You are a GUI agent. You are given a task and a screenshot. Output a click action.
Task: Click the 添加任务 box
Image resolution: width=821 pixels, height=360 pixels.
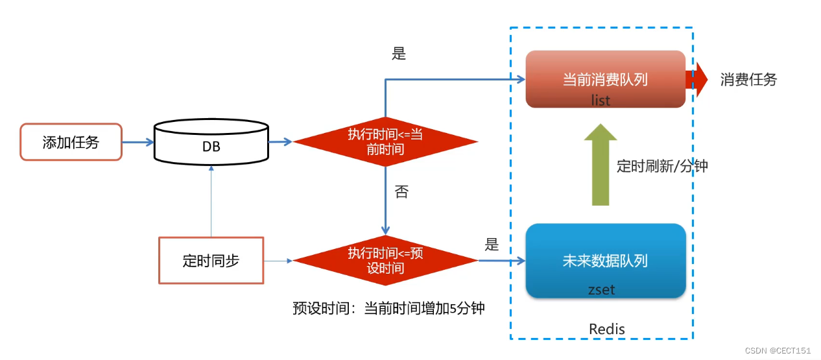(71, 142)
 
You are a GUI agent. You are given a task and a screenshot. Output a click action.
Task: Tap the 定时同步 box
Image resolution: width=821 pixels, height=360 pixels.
(211, 260)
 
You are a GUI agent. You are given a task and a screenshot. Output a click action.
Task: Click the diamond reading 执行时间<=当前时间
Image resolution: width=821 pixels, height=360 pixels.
(385, 141)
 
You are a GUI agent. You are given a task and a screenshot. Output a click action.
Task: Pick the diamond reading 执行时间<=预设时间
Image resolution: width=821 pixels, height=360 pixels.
(385, 260)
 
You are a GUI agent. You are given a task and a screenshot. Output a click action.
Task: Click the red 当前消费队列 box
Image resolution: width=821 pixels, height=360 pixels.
(605, 79)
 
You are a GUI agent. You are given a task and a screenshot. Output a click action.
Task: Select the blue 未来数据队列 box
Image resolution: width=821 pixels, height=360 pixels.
(605, 261)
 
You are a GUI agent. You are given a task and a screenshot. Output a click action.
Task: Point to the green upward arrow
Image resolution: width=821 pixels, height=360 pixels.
(601, 165)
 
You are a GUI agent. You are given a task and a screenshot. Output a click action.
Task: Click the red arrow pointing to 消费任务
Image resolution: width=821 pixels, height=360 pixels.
(696, 79)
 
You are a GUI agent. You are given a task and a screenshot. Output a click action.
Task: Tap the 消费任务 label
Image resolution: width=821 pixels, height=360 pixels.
(748, 80)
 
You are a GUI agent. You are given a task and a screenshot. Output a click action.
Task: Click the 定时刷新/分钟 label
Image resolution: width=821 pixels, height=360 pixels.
(661, 166)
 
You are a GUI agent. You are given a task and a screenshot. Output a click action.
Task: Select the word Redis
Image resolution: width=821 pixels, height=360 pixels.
(607, 329)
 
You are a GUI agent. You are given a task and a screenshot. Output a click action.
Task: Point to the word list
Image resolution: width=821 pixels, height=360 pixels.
(601, 101)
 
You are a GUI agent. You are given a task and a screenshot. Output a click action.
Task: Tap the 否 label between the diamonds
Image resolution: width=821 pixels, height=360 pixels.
(401, 192)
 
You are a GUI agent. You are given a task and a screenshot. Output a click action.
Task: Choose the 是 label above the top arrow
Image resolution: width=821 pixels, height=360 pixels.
(399, 54)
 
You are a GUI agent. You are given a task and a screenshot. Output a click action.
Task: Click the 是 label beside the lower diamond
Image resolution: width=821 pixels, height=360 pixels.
(492, 245)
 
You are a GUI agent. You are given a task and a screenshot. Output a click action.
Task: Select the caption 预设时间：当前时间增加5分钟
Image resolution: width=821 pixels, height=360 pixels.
(388, 309)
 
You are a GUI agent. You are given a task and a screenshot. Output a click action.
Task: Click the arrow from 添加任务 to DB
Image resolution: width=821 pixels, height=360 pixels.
(137, 141)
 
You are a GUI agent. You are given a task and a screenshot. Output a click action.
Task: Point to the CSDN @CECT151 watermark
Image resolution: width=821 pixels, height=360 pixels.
(778, 350)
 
